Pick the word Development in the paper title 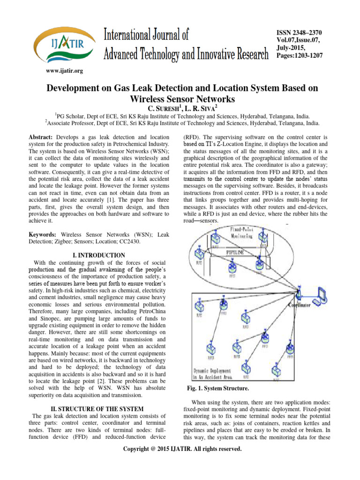79,90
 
